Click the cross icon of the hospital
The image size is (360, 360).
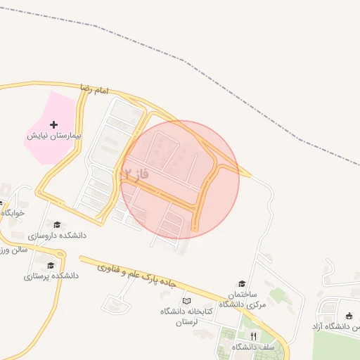54,124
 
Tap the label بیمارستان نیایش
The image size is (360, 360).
55,134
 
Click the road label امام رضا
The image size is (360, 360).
94,91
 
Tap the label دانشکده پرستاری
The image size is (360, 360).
51,276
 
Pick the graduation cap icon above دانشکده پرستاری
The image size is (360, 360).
51,265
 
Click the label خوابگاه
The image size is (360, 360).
13,212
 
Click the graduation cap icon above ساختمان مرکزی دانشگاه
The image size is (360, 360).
242,283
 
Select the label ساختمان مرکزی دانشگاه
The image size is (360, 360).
238,298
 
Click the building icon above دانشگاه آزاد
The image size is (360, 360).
349,316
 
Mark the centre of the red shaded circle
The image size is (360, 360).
180,179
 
